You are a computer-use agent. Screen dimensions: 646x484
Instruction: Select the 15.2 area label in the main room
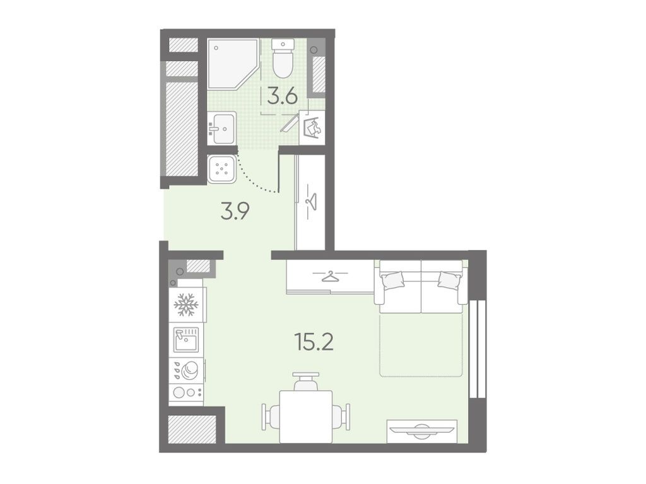coord(314,342)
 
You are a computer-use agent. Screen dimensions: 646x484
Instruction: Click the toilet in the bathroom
coord(283,58)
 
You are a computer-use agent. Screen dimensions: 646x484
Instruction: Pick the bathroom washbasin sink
coord(222,128)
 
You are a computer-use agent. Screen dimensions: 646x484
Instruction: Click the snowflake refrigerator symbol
coord(186,305)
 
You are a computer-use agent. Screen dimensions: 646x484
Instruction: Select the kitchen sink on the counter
coord(186,339)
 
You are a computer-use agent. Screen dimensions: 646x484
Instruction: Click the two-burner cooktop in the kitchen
coord(186,392)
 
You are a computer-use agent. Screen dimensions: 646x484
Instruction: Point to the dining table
coord(306,416)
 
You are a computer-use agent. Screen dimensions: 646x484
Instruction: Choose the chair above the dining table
coord(306,381)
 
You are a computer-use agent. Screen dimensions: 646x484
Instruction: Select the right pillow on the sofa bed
coord(449,280)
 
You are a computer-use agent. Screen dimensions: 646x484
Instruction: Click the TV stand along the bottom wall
coord(422,431)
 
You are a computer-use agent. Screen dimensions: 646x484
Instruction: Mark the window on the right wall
coord(478,349)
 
